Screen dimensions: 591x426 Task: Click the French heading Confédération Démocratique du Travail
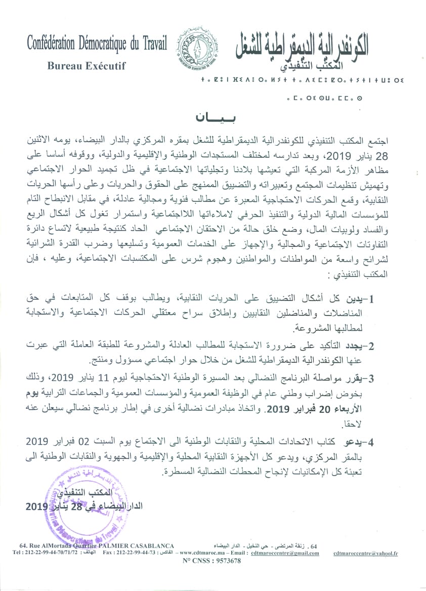pyautogui.click(x=97, y=45)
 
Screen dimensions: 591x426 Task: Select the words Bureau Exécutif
pyautogui.click(x=86, y=65)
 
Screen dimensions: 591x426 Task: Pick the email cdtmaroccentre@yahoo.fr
pyautogui.click(x=365, y=554)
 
